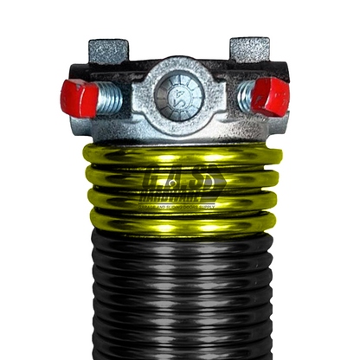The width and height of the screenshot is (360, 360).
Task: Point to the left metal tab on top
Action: click(109, 49)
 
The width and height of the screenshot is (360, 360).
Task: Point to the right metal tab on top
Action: click(250, 49)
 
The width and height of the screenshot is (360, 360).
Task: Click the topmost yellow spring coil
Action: click(180, 157)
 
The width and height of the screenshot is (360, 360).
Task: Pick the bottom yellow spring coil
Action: click(180, 222)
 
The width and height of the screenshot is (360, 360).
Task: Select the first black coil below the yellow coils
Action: click(180, 243)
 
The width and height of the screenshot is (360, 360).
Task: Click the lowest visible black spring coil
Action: click(180, 350)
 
